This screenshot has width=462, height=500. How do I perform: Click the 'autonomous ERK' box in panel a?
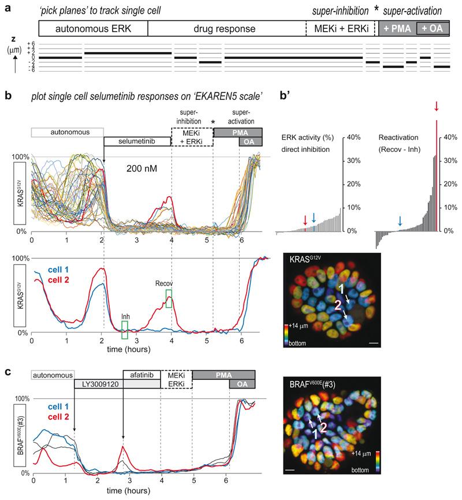click(93, 28)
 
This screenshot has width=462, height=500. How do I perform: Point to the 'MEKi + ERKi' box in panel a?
click(340, 28)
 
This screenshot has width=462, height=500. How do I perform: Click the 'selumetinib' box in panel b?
click(137, 141)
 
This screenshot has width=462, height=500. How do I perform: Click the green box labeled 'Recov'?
click(169, 298)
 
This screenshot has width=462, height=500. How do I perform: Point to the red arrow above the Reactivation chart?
click(437, 107)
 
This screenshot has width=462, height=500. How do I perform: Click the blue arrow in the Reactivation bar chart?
click(399, 219)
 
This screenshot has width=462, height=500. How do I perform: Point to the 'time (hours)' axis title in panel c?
click(131, 492)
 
